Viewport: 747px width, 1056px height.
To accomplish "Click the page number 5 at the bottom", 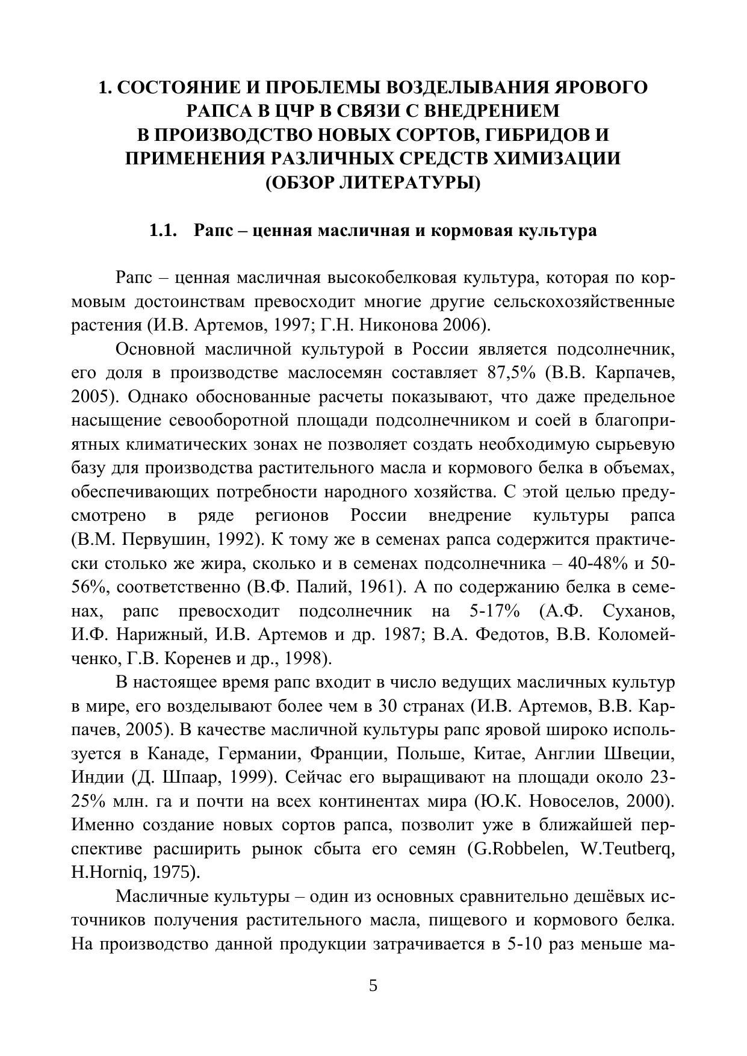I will click(373, 986).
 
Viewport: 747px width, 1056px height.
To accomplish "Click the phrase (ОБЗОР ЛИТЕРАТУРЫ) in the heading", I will click(373, 182).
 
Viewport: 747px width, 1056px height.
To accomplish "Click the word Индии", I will click(96, 778).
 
